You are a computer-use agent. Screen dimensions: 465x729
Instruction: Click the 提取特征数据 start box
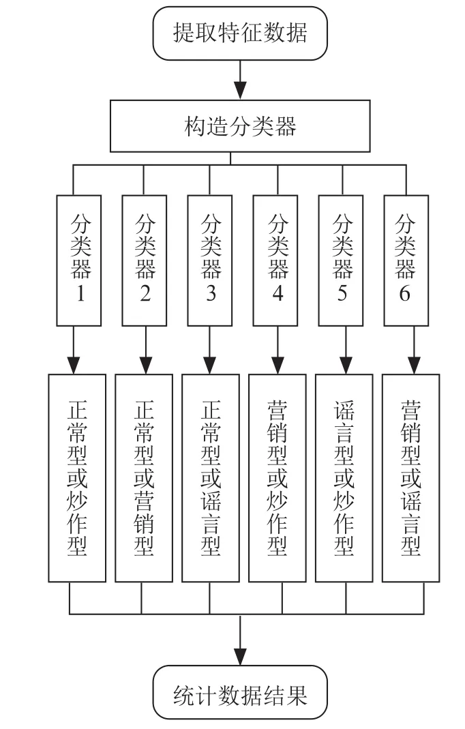pyautogui.click(x=240, y=33)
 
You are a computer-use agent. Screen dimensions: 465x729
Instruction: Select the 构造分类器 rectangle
pyautogui.click(x=240, y=126)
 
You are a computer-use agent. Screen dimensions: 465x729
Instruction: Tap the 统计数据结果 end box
pyautogui.click(x=240, y=693)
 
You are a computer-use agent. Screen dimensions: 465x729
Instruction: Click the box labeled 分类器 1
pyautogui.click(x=79, y=261)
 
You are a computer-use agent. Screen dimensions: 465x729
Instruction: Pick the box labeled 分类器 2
pyautogui.click(x=145, y=261)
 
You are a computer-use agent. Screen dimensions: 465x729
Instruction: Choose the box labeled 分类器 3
pyautogui.click(x=210, y=261)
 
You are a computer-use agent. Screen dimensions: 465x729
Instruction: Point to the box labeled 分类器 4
pyautogui.click(x=275, y=261)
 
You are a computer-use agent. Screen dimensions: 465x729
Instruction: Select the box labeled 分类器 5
pyautogui.click(x=341, y=261)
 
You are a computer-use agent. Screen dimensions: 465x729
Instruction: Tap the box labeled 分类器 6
pyautogui.click(x=406, y=261)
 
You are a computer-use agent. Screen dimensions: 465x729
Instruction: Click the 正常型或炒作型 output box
pyautogui.click(x=77, y=478)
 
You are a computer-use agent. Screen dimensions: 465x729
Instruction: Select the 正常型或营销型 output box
pyautogui.click(x=144, y=478)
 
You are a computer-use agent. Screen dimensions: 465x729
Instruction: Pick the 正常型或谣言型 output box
pyautogui.click(x=211, y=478)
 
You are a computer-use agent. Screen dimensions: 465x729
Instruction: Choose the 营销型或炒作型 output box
pyautogui.click(x=277, y=478)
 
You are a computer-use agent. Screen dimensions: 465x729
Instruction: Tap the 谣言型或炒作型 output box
pyautogui.click(x=344, y=478)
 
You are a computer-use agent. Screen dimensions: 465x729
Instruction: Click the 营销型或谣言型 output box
pyautogui.click(x=411, y=478)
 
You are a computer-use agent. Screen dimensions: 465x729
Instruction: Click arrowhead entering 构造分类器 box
pyautogui.click(x=240, y=90)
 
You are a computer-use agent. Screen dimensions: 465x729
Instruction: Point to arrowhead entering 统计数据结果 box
pyautogui.click(x=240, y=657)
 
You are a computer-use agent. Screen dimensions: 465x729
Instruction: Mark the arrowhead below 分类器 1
pyautogui.click(x=74, y=365)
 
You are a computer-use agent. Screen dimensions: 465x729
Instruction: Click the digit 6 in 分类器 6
pyautogui.click(x=405, y=293)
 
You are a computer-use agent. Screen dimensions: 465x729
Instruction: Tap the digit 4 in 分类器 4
pyautogui.click(x=277, y=293)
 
